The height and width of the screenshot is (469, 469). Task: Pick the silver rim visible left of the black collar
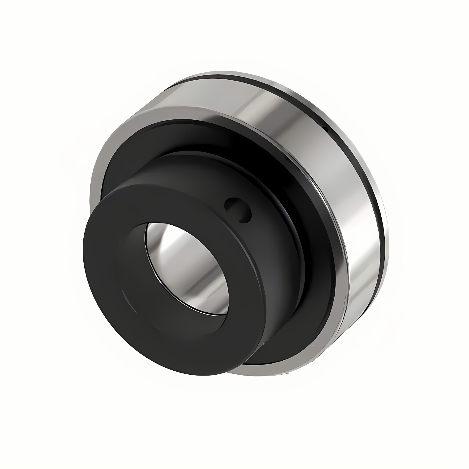click(95, 189)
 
